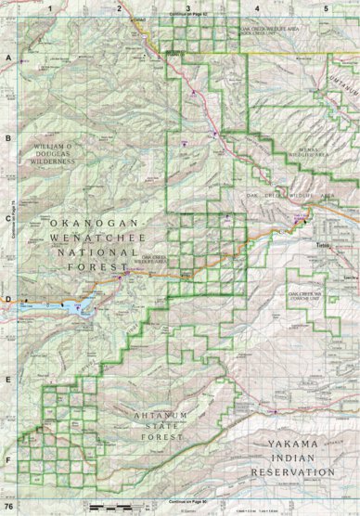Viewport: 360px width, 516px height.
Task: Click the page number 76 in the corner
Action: click(x=8, y=507)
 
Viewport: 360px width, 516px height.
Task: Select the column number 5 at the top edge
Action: click(x=326, y=7)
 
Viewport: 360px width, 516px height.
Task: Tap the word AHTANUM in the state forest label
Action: click(x=160, y=417)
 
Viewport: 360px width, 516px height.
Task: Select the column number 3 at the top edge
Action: click(x=188, y=7)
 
